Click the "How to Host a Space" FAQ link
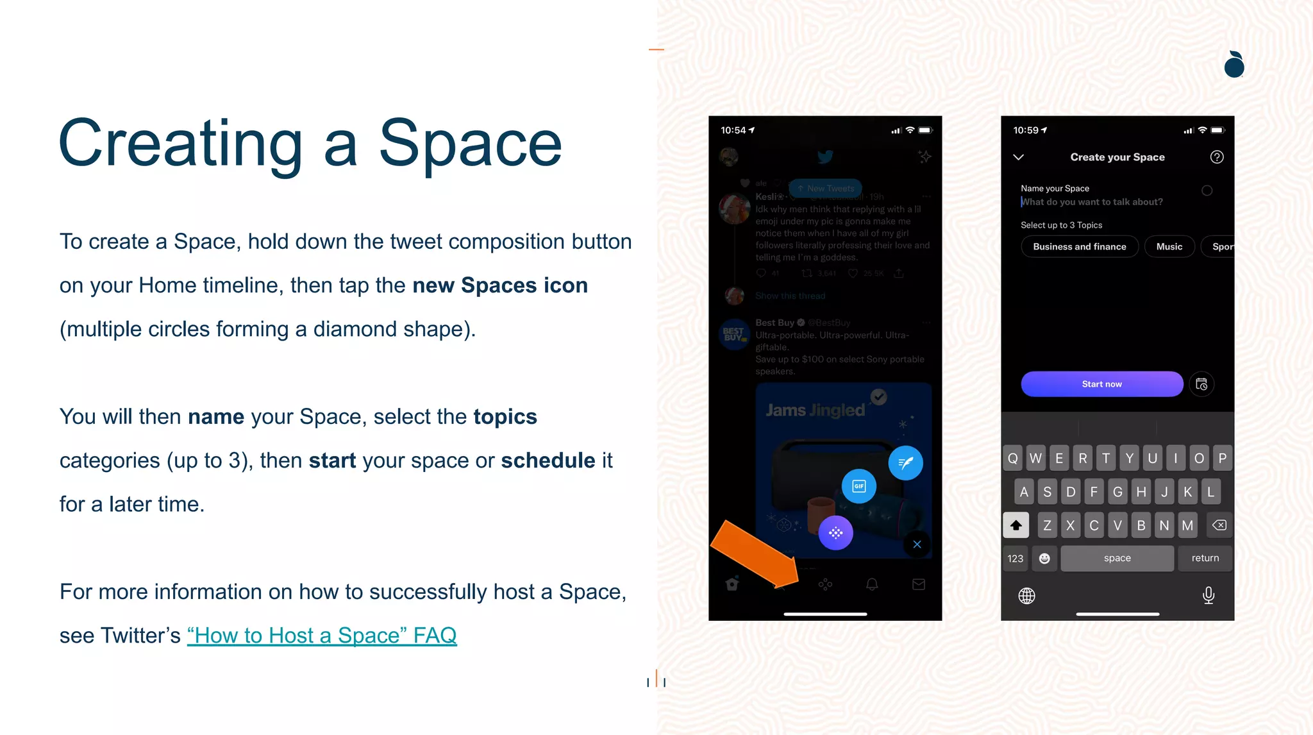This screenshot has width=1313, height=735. click(322, 636)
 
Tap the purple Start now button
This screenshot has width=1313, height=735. click(1101, 384)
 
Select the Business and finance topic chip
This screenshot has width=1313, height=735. click(1079, 247)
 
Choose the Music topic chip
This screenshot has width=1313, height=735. click(1169, 247)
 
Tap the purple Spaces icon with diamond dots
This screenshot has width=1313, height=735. click(835, 533)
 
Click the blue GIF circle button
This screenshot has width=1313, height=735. click(858, 486)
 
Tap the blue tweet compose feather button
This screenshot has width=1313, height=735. click(905, 462)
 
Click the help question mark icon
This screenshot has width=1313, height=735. click(1216, 157)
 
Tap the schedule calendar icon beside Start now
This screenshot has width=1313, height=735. click(1201, 384)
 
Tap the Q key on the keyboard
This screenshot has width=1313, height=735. click(1012, 459)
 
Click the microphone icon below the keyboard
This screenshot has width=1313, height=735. click(1208, 595)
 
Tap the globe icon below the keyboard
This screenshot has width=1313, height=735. click(1026, 596)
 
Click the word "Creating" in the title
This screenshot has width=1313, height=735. click(180, 144)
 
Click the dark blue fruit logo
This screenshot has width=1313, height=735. click(1234, 65)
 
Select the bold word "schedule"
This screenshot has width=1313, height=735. click(548, 460)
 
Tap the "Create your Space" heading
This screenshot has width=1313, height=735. click(1117, 157)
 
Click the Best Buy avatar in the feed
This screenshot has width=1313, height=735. click(733, 334)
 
